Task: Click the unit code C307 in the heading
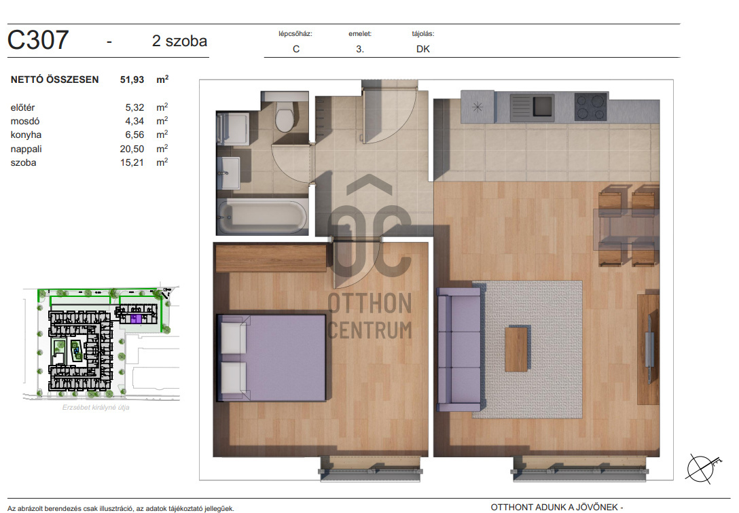tap(38, 39)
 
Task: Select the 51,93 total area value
tap(132, 79)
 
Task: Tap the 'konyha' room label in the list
tap(26, 135)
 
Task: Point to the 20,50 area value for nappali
tap(132, 149)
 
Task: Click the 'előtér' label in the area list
tap(22, 107)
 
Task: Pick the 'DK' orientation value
tap(422, 49)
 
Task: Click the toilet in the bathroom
tap(285, 116)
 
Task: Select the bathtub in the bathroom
tap(262, 217)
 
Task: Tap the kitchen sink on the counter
tap(532, 107)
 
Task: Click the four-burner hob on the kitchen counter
tap(591, 107)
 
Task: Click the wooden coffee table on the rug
tap(516, 349)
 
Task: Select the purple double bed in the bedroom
tap(272, 358)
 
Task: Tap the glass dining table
tap(626, 226)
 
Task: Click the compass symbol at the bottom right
tap(702, 468)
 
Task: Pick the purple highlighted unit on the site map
tap(137, 319)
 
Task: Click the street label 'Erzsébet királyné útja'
tap(96, 408)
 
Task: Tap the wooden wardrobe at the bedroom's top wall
tap(271, 258)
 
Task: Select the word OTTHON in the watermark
tap(369, 303)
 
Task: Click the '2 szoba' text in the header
tap(179, 41)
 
